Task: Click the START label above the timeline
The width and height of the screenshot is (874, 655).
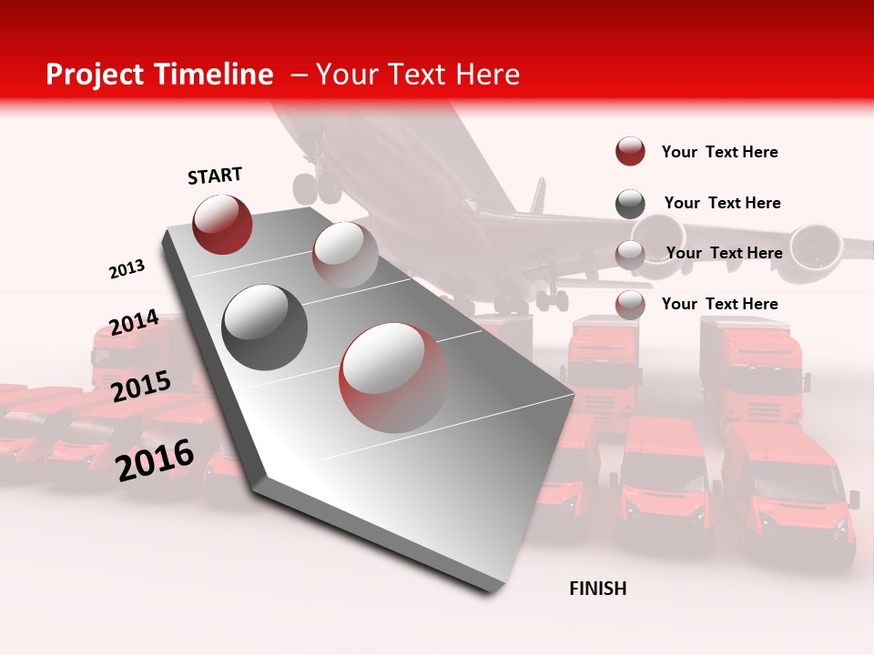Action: pos(215,176)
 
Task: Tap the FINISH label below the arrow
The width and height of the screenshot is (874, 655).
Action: pos(597,589)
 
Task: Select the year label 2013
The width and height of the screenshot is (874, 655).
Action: pos(127,269)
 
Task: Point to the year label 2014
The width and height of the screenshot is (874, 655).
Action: pos(134,323)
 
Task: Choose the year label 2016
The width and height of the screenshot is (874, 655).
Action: pos(155,459)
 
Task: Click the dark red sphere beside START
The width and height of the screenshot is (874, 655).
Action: pos(222,224)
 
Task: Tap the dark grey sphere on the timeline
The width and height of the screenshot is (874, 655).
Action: pos(265,327)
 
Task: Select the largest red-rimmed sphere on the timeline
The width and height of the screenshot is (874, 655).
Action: pos(393,377)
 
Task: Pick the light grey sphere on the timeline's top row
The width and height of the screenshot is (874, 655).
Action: pos(345,254)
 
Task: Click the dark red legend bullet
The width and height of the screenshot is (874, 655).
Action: pos(630,152)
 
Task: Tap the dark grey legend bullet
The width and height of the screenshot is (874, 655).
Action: pos(630,204)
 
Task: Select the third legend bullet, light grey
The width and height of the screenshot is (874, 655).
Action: pos(630,254)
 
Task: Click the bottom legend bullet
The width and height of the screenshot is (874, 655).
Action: pos(630,305)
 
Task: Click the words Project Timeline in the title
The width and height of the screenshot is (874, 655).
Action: pos(159,75)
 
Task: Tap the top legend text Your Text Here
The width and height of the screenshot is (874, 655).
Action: pos(719,152)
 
